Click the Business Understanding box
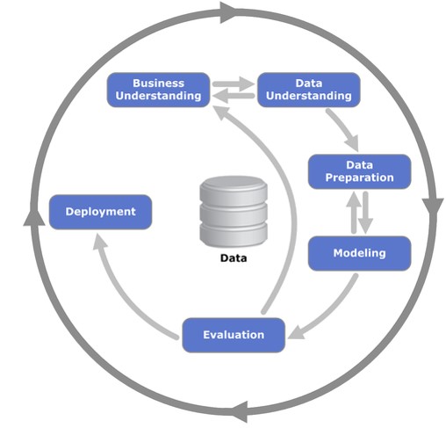158,90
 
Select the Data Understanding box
309,90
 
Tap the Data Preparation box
360,171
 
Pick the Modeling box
360,253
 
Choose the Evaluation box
234,335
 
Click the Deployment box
100,212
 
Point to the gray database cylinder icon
234,212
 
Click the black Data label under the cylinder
234,258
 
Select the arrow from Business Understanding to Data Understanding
234,84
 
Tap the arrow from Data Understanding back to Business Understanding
234,96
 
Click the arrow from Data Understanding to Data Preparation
344,128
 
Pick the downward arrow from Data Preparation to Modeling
365,213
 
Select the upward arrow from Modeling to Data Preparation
354,213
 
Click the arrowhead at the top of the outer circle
228,12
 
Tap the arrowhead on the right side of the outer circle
433,207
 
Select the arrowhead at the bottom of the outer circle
240,411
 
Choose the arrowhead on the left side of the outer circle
34,217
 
